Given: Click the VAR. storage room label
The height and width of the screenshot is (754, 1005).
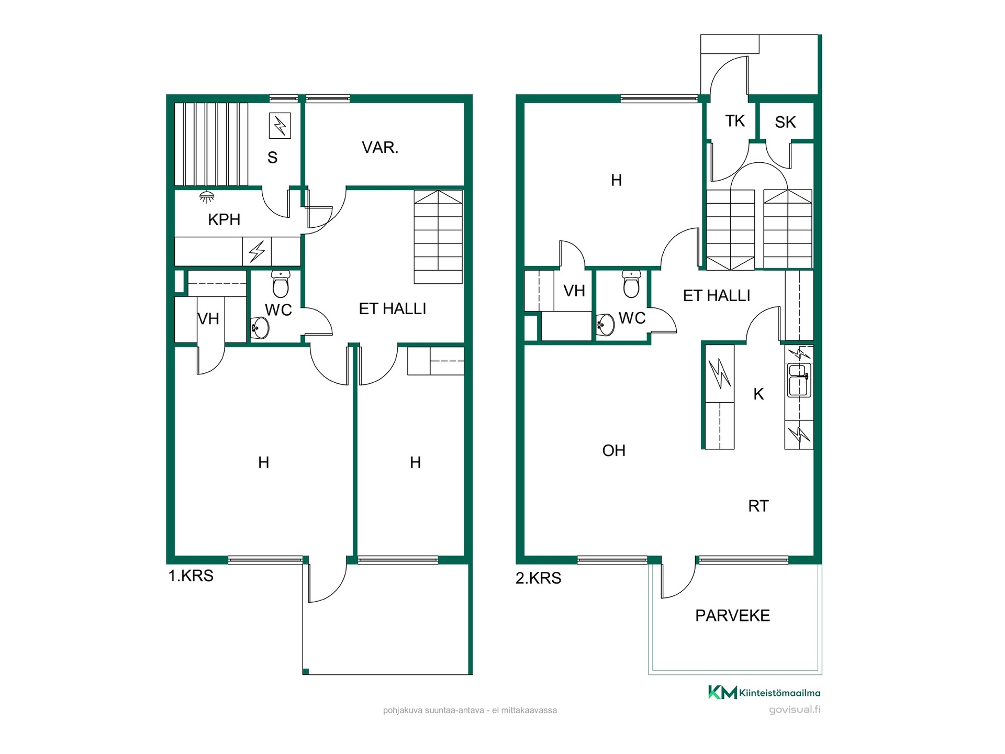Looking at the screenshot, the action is coord(380,148).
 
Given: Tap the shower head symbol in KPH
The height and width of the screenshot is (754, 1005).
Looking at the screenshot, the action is coord(207,197).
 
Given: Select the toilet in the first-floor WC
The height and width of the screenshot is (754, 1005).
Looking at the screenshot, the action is coord(281,284).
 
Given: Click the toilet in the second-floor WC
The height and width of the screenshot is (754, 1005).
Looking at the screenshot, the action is coord(631,284).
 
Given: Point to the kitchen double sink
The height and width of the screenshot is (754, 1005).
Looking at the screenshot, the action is coord(799,380).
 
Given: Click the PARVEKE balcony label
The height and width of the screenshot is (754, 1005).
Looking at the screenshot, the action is coord(732,616).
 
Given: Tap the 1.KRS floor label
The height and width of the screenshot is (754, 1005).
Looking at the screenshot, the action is coord(191,576).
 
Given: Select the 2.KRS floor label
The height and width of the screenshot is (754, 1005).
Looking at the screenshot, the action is coord(538,578).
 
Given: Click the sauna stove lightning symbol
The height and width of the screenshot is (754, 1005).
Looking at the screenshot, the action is coord(280,126).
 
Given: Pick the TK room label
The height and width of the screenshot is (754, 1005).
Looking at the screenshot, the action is coord(735,121).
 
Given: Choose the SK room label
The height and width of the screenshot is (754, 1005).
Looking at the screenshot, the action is coord(785,122).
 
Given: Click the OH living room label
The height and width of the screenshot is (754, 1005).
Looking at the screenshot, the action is coord(613,451).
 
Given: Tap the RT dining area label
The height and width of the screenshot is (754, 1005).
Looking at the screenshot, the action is coord(758,506).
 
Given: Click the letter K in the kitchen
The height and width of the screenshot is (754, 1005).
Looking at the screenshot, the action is coord(758,394).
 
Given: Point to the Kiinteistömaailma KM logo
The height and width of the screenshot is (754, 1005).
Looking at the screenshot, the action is coord(723,692).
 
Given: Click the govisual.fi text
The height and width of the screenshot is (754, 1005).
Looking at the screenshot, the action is coord(795,710).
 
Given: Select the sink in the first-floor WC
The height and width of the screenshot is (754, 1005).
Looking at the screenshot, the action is coord(260,328).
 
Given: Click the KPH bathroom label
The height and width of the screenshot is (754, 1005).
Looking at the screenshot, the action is coord(224,220).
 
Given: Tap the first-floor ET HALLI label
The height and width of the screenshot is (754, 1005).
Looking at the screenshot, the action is coord(393,309).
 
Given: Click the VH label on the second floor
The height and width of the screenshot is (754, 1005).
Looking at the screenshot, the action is coord(574,291).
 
